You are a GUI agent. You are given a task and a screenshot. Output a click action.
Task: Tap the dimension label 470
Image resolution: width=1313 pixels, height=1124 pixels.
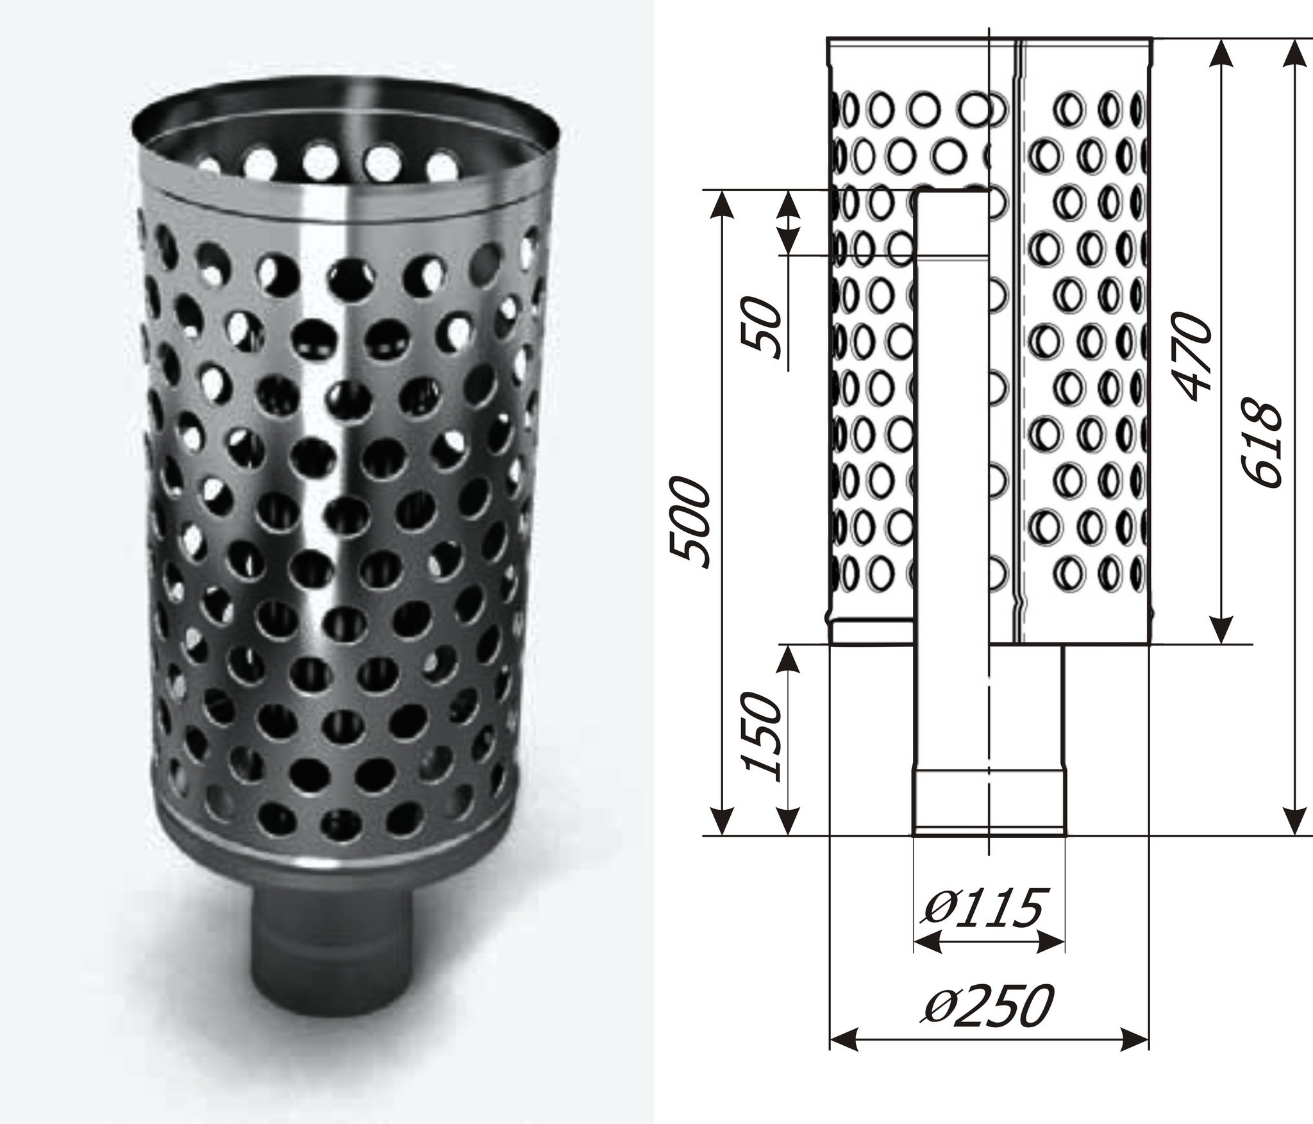[x=1191, y=356]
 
